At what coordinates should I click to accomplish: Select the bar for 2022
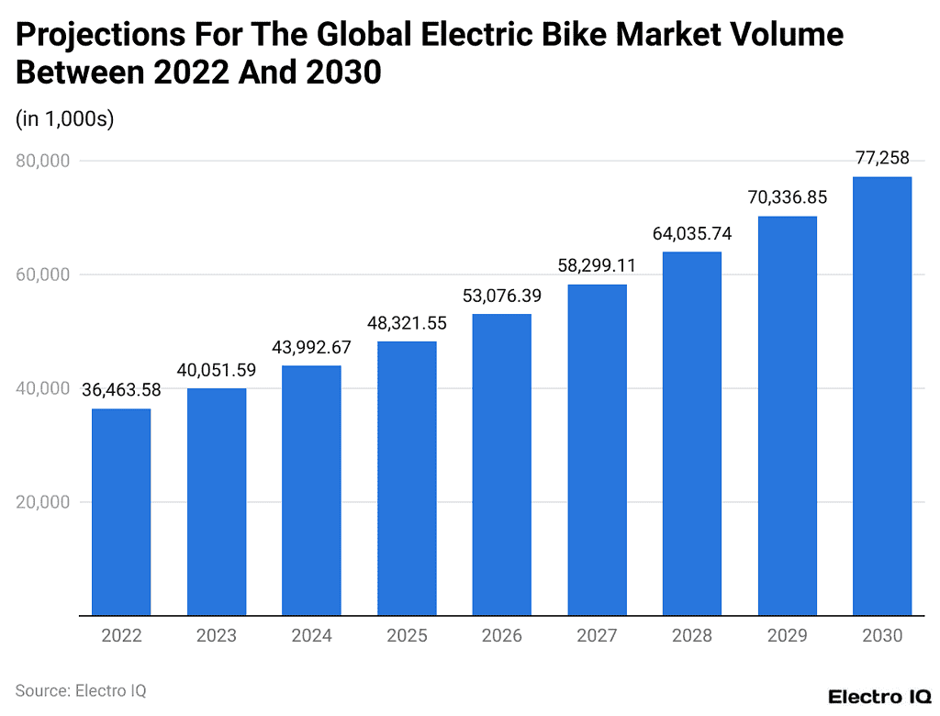[121, 511]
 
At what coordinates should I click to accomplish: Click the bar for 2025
[407, 478]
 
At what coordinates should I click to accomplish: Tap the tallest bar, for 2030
[881, 396]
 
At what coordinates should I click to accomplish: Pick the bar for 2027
[597, 450]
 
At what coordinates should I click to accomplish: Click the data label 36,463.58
[121, 390]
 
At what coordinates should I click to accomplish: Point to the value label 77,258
[881, 159]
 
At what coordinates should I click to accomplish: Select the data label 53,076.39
[501, 296]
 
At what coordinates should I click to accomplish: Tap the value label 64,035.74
[691, 233]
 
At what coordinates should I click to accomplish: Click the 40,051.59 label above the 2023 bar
[217, 370]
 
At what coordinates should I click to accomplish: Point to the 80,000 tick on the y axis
[43, 161]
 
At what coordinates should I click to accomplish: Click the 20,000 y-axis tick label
[43, 502]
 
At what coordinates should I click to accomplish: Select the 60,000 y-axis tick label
[43, 274]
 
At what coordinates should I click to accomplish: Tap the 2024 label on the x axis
[311, 635]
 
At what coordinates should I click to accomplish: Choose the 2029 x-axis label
[787, 635]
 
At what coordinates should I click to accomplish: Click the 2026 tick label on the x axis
[501, 635]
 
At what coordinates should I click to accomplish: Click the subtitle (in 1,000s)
[64, 119]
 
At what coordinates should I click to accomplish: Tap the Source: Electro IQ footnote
[81, 690]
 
